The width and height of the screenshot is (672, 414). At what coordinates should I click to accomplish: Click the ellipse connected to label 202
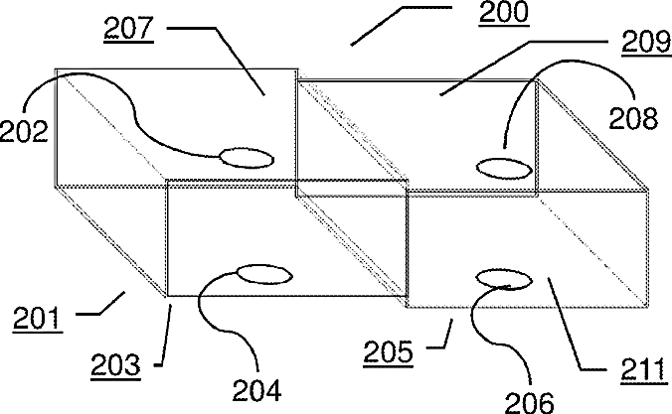[246, 156]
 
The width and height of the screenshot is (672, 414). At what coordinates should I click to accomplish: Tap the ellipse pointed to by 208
[504, 165]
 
